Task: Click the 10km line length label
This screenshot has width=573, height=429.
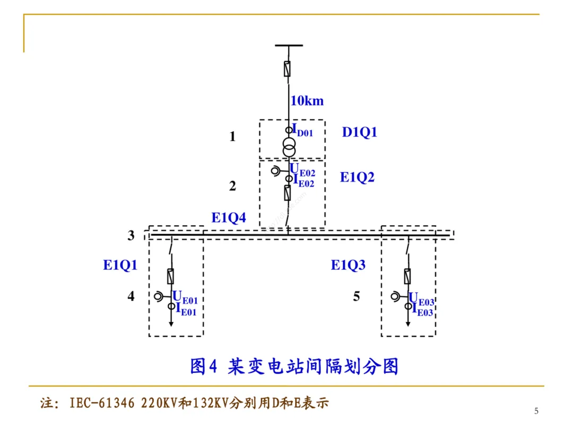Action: tap(307, 101)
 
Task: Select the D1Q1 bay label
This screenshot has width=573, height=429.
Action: tap(359, 132)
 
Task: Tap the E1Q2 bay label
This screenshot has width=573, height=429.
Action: tap(357, 178)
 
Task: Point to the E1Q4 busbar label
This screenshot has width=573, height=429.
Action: tap(229, 217)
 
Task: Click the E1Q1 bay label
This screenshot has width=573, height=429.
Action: tap(120, 265)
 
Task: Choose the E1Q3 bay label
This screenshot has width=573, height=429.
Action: tap(348, 265)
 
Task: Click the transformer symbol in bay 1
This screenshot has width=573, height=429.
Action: tap(289, 147)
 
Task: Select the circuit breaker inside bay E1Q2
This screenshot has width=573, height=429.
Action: tap(288, 192)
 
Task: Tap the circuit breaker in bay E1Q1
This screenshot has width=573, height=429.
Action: tap(171, 276)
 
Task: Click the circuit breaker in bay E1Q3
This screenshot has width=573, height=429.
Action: tap(407, 276)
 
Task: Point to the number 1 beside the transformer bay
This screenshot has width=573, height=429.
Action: tap(232, 137)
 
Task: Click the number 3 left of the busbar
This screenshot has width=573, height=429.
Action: tap(131, 236)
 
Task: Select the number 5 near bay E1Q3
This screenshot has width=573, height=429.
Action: tap(357, 296)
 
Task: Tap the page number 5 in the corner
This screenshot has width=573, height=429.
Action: tap(536, 411)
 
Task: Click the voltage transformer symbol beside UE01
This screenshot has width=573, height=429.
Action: tap(159, 297)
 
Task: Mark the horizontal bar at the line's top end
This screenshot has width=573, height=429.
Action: tap(289, 46)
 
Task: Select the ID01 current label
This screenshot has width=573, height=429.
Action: tap(302, 130)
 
